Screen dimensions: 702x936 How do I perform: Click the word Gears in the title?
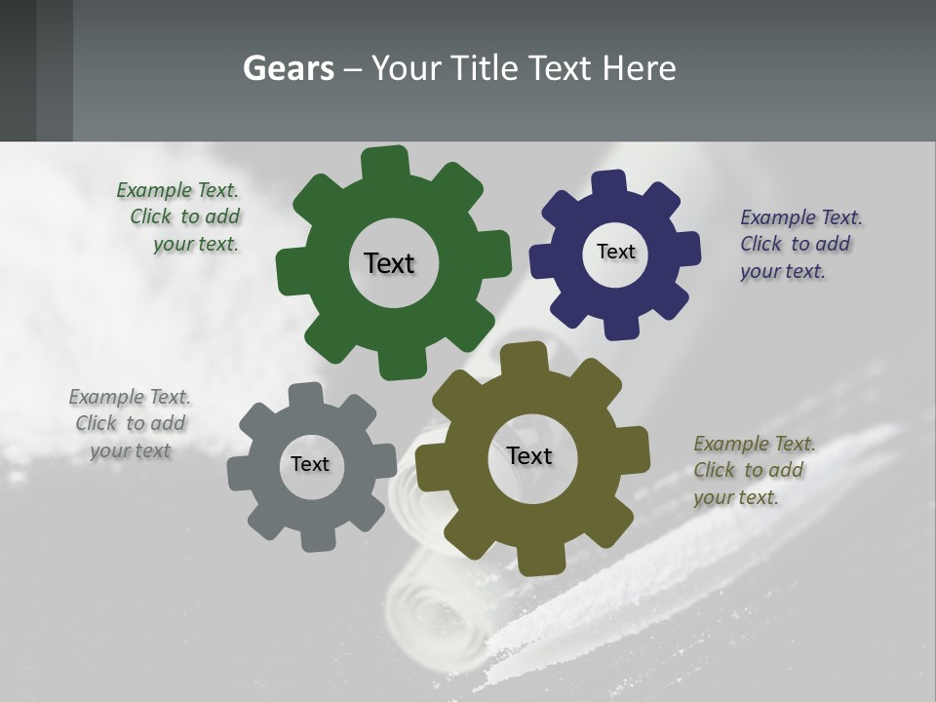(289, 68)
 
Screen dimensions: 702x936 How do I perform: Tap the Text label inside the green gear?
(389, 263)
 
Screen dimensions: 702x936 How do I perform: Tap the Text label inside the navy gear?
(615, 252)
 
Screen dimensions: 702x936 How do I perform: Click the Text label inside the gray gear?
(310, 464)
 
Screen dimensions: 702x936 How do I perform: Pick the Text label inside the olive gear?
(529, 455)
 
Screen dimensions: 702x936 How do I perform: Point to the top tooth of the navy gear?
(609, 182)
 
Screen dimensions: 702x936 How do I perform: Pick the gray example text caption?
(131, 423)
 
